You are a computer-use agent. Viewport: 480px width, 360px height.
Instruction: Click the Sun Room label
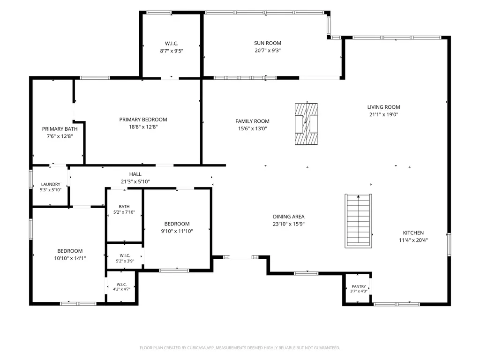coord(267,43)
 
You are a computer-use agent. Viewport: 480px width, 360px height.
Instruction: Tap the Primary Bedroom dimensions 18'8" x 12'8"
coord(143,127)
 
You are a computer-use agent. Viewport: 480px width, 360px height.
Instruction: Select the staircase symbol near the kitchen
coord(358,221)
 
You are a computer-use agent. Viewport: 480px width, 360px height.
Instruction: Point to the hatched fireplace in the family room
coord(306,124)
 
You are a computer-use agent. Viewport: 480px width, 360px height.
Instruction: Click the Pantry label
coord(359,286)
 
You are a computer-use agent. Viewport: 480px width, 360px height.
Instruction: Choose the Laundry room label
coord(51,184)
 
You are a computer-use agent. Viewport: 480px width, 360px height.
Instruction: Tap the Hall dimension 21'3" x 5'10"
coord(135,181)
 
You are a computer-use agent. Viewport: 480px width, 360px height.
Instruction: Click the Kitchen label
coord(413,233)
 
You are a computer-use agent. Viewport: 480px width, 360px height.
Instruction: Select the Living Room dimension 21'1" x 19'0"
coord(383,114)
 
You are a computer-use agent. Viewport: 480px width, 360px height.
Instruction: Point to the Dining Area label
coord(289,217)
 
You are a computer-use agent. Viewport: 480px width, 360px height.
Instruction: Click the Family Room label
coord(252,121)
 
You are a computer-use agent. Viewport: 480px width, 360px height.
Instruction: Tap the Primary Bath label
coord(60,129)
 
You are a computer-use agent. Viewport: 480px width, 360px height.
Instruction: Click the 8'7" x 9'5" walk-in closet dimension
coord(172,51)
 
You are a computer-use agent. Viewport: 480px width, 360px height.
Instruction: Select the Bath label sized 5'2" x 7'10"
coord(124,207)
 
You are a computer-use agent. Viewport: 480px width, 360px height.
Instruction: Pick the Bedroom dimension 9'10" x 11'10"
coord(177,232)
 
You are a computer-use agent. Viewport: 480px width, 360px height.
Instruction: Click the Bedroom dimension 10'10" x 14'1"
coord(70,258)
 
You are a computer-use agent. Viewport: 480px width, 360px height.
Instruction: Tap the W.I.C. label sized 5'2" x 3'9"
coord(125,255)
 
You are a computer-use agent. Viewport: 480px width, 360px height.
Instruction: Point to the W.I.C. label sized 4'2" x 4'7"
coord(121,285)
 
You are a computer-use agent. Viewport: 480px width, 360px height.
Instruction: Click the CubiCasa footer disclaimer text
coord(240,348)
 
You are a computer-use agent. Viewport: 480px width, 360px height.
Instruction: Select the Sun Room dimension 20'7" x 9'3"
coord(268,51)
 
